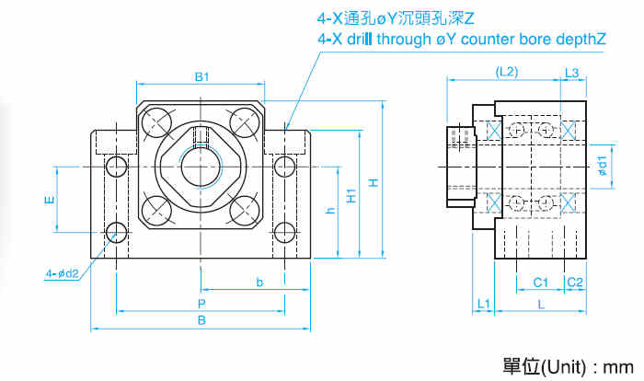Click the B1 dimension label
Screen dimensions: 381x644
pos(202,76)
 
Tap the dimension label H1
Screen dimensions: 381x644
pos(351,196)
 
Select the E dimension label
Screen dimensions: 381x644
pos(50,199)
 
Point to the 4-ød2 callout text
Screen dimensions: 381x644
pos(63,272)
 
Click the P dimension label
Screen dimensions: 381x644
pos(201,303)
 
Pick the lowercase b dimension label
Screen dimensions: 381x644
pos(259,281)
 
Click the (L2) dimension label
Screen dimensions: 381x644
pos(507,71)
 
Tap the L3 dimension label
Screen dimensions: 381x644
pos(571,71)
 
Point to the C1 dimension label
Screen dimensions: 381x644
pos(540,282)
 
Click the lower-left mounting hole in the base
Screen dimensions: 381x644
pos(116,232)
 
